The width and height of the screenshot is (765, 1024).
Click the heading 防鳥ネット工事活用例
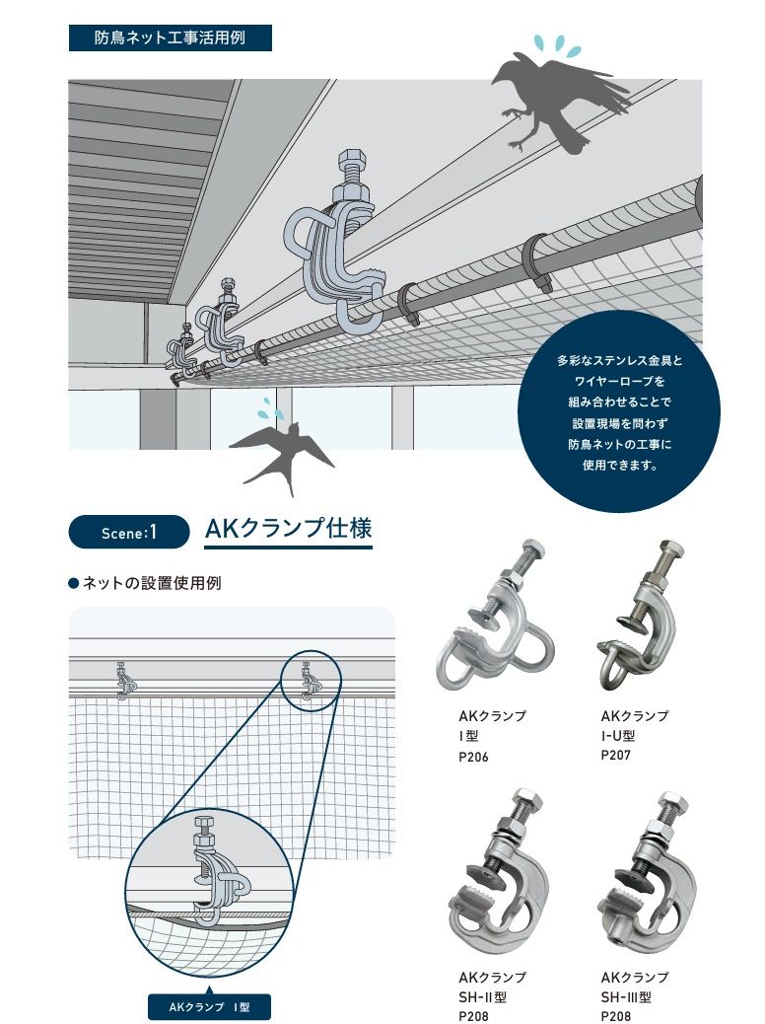coord(170,38)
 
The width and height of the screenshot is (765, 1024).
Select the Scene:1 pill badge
coord(128,532)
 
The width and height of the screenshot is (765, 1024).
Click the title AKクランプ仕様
coord(288,530)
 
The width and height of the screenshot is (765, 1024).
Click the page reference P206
coord(474,758)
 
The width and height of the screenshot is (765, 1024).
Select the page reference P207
coord(616,756)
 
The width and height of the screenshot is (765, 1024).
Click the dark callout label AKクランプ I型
coord(208,1007)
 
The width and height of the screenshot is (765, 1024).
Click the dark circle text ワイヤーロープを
coord(619,381)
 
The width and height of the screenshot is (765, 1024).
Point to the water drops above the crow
coord(556,43)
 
